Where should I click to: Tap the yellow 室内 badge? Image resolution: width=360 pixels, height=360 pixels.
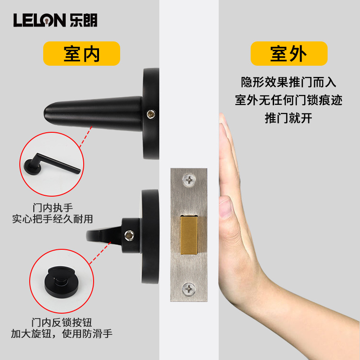tap(81, 54)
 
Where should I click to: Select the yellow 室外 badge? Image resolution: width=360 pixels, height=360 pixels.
tap(289, 54)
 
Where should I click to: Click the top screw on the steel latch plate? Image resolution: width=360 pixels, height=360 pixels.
tap(189, 180)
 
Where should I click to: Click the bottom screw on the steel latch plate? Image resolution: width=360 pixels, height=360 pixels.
tap(189, 289)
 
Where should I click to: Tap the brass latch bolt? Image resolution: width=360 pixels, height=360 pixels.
tap(189, 235)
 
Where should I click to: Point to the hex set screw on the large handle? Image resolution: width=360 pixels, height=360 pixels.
tap(151, 114)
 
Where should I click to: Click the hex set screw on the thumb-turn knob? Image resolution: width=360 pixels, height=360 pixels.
tap(129, 235)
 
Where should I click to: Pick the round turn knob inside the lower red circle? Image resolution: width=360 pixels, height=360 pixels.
tap(62, 282)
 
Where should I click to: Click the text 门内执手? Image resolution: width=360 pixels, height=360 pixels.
tap(53, 208)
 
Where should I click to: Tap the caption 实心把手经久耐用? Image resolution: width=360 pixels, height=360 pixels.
tap(53, 219)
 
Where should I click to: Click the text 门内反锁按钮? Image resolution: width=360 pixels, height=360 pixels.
tap(62, 322)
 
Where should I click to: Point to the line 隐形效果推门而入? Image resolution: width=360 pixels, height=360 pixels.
tap(288, 82)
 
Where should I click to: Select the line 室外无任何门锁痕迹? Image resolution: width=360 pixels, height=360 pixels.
tap(288, 100)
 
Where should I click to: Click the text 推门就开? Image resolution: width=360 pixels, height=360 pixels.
tap(288, 118)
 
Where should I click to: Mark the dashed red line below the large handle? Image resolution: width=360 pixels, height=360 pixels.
tap(85, 137)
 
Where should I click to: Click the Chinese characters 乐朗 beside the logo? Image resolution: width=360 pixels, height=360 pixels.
tap(84, 20)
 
